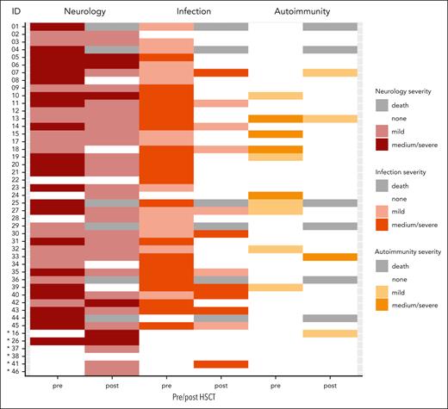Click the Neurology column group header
click(84, 12)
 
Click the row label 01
click(13, 27)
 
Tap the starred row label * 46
click(11, 371)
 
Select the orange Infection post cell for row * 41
click(221, 363)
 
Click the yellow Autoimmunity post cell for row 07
click(329, 72)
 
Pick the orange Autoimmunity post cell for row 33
click(329, 257)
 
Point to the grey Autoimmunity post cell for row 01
click(329, 27)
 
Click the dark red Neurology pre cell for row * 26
click(58, 340)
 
